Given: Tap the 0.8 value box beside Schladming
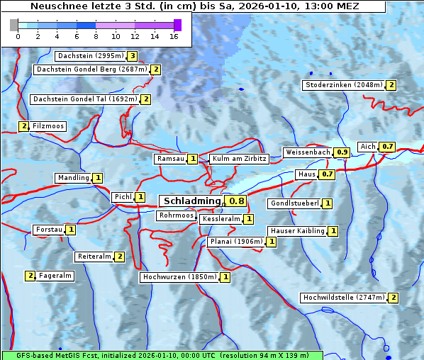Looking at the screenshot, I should [x=236, y=201].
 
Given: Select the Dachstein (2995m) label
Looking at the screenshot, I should [x=90, y=56].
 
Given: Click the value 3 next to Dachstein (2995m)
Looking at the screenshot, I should [x=132, y=56].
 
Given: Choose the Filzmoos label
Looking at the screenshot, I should [x=48, y=126].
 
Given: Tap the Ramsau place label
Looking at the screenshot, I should [x=170, y=159].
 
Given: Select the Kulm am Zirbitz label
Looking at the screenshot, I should [x=239, y=159].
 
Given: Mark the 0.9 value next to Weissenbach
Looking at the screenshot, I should [x=342, y=152].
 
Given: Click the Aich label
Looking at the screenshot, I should [x=367, y=147].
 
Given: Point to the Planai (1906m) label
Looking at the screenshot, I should [x=236, y=242].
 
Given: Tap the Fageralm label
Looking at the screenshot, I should [x=55, y=276].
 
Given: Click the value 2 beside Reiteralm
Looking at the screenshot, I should [x=120, y=257].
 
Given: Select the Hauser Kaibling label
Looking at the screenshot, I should [x=297, y=231].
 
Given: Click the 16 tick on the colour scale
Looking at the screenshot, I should [x=174, y=36].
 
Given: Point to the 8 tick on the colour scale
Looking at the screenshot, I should [x=95, y=36].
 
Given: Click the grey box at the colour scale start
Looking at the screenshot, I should [x=14, y=25].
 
